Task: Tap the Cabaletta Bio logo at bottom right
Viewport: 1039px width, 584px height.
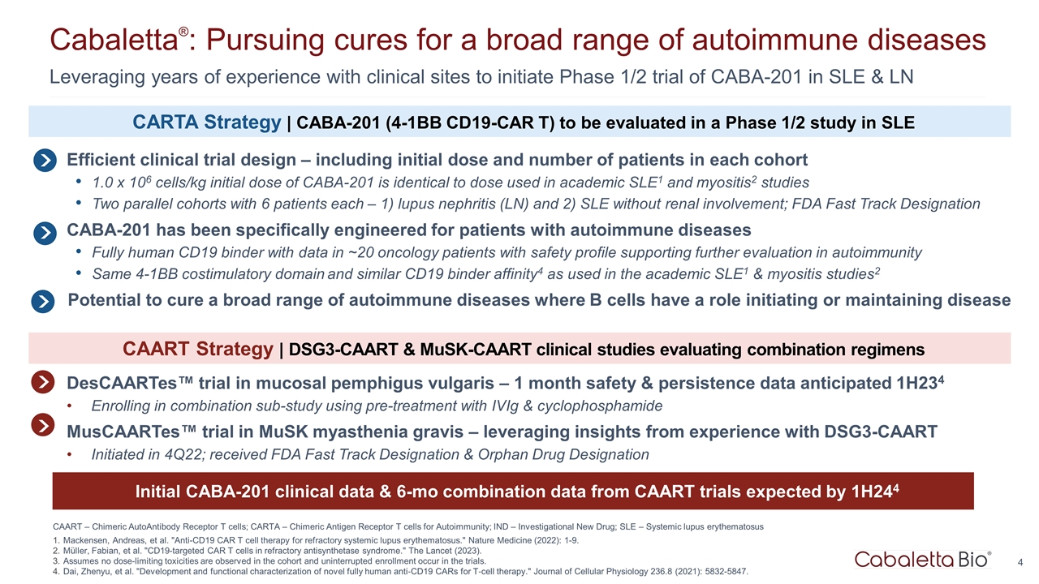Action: [922, 559]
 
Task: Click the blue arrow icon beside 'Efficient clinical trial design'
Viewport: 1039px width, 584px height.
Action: [45, 161]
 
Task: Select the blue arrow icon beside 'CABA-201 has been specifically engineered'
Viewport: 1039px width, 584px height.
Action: [45, 231]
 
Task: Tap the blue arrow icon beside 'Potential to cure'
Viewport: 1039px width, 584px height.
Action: [43, 301]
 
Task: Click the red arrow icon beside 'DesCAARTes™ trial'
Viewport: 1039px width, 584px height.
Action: [43, 382]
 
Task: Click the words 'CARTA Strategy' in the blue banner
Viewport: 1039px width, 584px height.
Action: [206, 122]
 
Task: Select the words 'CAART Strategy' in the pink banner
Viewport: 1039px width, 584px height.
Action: [197, 350]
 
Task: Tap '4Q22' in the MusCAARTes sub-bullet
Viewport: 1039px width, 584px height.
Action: [161, 454]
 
